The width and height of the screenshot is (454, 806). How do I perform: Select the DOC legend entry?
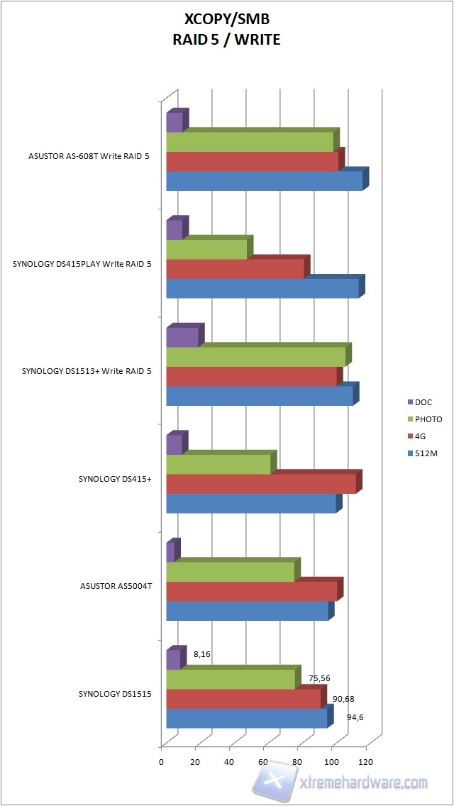(x=423, y=402)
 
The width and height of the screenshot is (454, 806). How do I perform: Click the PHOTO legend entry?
(x=428, y=419)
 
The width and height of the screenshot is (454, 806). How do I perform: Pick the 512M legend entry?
(x=426, y=453)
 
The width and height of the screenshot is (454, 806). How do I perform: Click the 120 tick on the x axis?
(x=366, y=762)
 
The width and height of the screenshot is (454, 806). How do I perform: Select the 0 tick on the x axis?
(x=161, y=762)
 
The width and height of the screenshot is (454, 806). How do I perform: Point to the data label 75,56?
(x=319, y=678)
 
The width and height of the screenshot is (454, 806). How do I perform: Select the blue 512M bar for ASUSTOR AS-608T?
(x=264, y=181)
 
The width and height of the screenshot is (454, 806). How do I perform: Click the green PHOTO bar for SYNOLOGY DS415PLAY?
(x=206, y=249)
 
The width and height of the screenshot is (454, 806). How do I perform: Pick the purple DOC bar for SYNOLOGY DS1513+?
(x=182, y=337)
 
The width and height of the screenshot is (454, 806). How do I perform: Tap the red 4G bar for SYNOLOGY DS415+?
(x=260, y=484)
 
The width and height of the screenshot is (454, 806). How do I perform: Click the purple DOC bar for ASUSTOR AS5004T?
(x=170, y=552)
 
